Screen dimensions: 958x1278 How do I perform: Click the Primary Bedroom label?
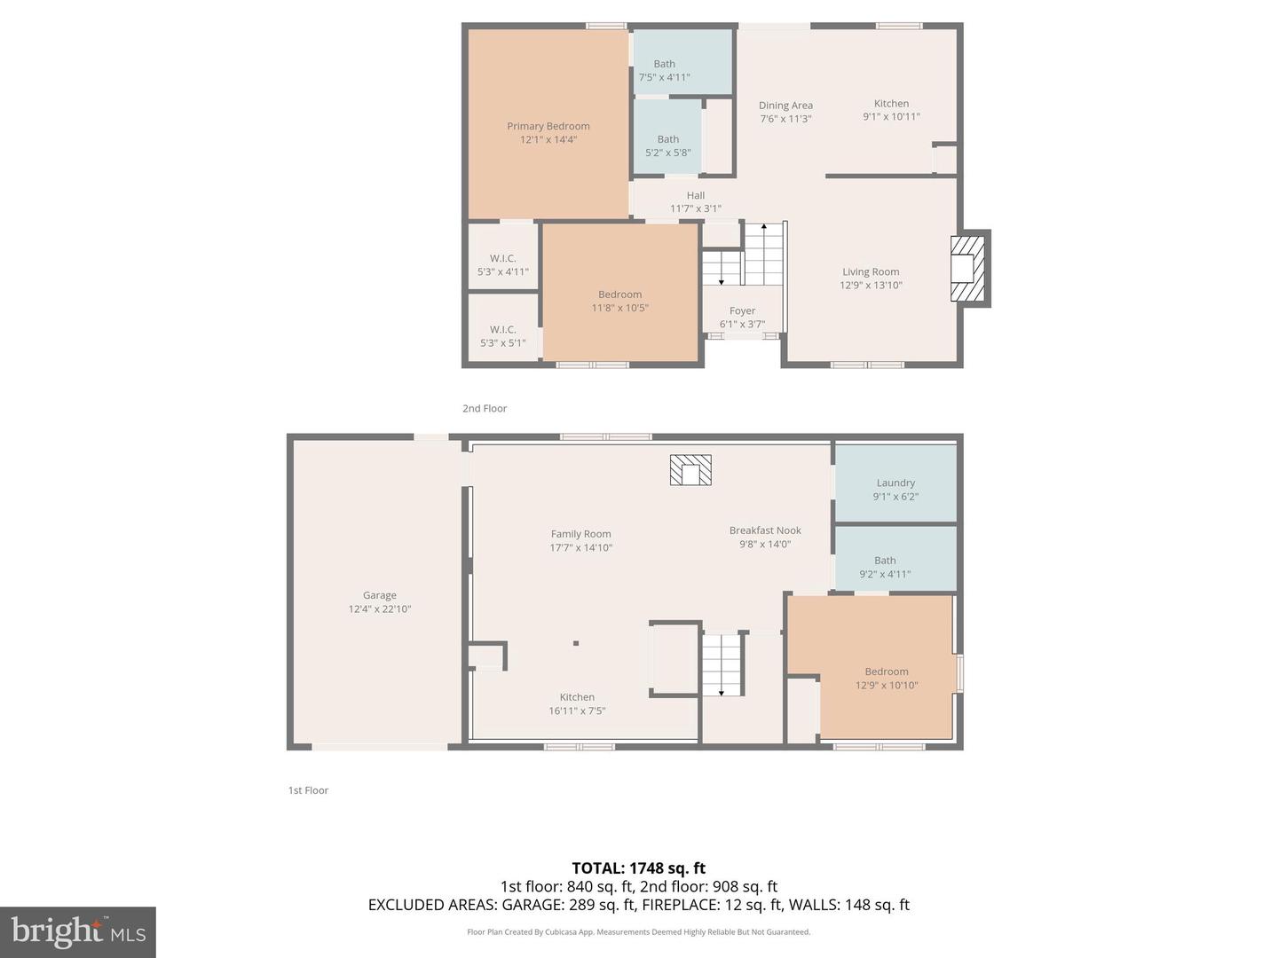point(548,126)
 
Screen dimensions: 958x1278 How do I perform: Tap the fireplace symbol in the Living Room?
point(968,269)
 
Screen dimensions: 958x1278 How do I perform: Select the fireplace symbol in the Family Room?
point(690,470)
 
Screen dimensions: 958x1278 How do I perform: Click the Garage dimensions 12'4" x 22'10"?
point(380,609)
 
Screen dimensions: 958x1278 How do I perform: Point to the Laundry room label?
point(895,483)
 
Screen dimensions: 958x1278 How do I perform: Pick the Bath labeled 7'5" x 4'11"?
point(664,70)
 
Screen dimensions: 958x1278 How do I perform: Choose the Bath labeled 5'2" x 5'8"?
point(667,145)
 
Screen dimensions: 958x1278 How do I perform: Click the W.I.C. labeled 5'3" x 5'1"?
point(502,336)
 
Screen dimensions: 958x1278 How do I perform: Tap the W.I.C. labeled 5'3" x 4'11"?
point(502,265)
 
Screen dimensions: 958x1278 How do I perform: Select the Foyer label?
point(742,310)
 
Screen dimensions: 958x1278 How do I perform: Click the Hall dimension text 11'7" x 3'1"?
point(696,209)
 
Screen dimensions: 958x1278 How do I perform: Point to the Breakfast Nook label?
point(765,530)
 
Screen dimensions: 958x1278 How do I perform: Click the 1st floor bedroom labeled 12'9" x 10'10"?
point(887,679)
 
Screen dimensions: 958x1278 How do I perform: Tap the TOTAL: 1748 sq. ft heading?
point(638,868)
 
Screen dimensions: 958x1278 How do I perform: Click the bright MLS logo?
point(78,931)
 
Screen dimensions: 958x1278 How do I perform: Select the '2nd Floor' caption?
point(485,409)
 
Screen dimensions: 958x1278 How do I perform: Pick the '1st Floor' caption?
point(308,790)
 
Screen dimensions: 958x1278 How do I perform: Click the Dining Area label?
point(785,106)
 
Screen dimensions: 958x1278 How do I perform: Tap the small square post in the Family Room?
point(576,643)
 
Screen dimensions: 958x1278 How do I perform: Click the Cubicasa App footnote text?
point(638,932)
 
